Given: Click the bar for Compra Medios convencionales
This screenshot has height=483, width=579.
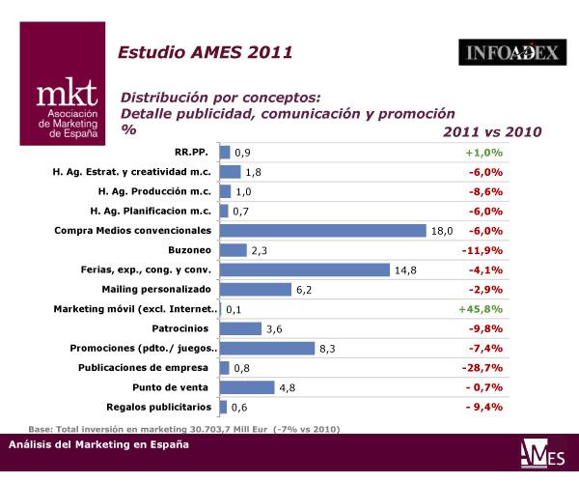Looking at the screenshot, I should click(x=323, y=230).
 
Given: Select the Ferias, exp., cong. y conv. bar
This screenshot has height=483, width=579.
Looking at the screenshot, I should click(x=305, y=270).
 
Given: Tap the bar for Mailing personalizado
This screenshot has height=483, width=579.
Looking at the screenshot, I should click(x=256, y=289).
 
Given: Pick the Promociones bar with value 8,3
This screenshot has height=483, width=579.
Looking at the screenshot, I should click(x=267, y=348).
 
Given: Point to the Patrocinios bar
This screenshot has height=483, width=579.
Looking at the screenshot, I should click(x=241, y=328).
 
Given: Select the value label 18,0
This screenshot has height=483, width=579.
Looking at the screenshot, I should click(x=442, y=231).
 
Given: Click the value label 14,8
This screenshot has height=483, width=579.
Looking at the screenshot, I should click(x=405, y=270).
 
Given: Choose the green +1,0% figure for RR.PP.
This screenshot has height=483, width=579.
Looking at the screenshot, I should click(x=483, y=153).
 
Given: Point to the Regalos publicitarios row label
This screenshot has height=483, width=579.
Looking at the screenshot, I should click(x=156, y=407).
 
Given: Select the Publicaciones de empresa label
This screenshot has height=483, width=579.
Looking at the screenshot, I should click(x=146, y=368).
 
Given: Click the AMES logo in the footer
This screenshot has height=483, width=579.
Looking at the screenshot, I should click(x=538, y=453).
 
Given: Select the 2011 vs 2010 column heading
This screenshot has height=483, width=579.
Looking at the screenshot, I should click(x=492, y=131).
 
